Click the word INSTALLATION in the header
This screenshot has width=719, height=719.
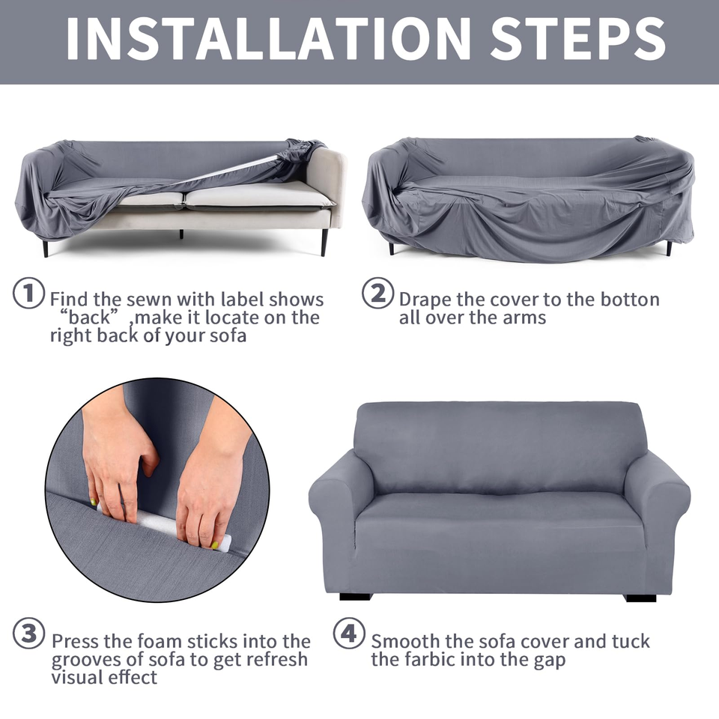pos(269,38)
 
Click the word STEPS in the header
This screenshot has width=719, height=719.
pos(578,38)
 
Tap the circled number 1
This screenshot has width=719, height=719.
pos(28,293)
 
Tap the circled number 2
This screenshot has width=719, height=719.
pos(377,293)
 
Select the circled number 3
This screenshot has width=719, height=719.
pos(28,634)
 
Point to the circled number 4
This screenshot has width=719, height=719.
pos(349,634)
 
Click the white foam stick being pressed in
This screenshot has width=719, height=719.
pos(164,526)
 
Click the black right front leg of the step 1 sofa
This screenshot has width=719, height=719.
pos(324,242)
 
